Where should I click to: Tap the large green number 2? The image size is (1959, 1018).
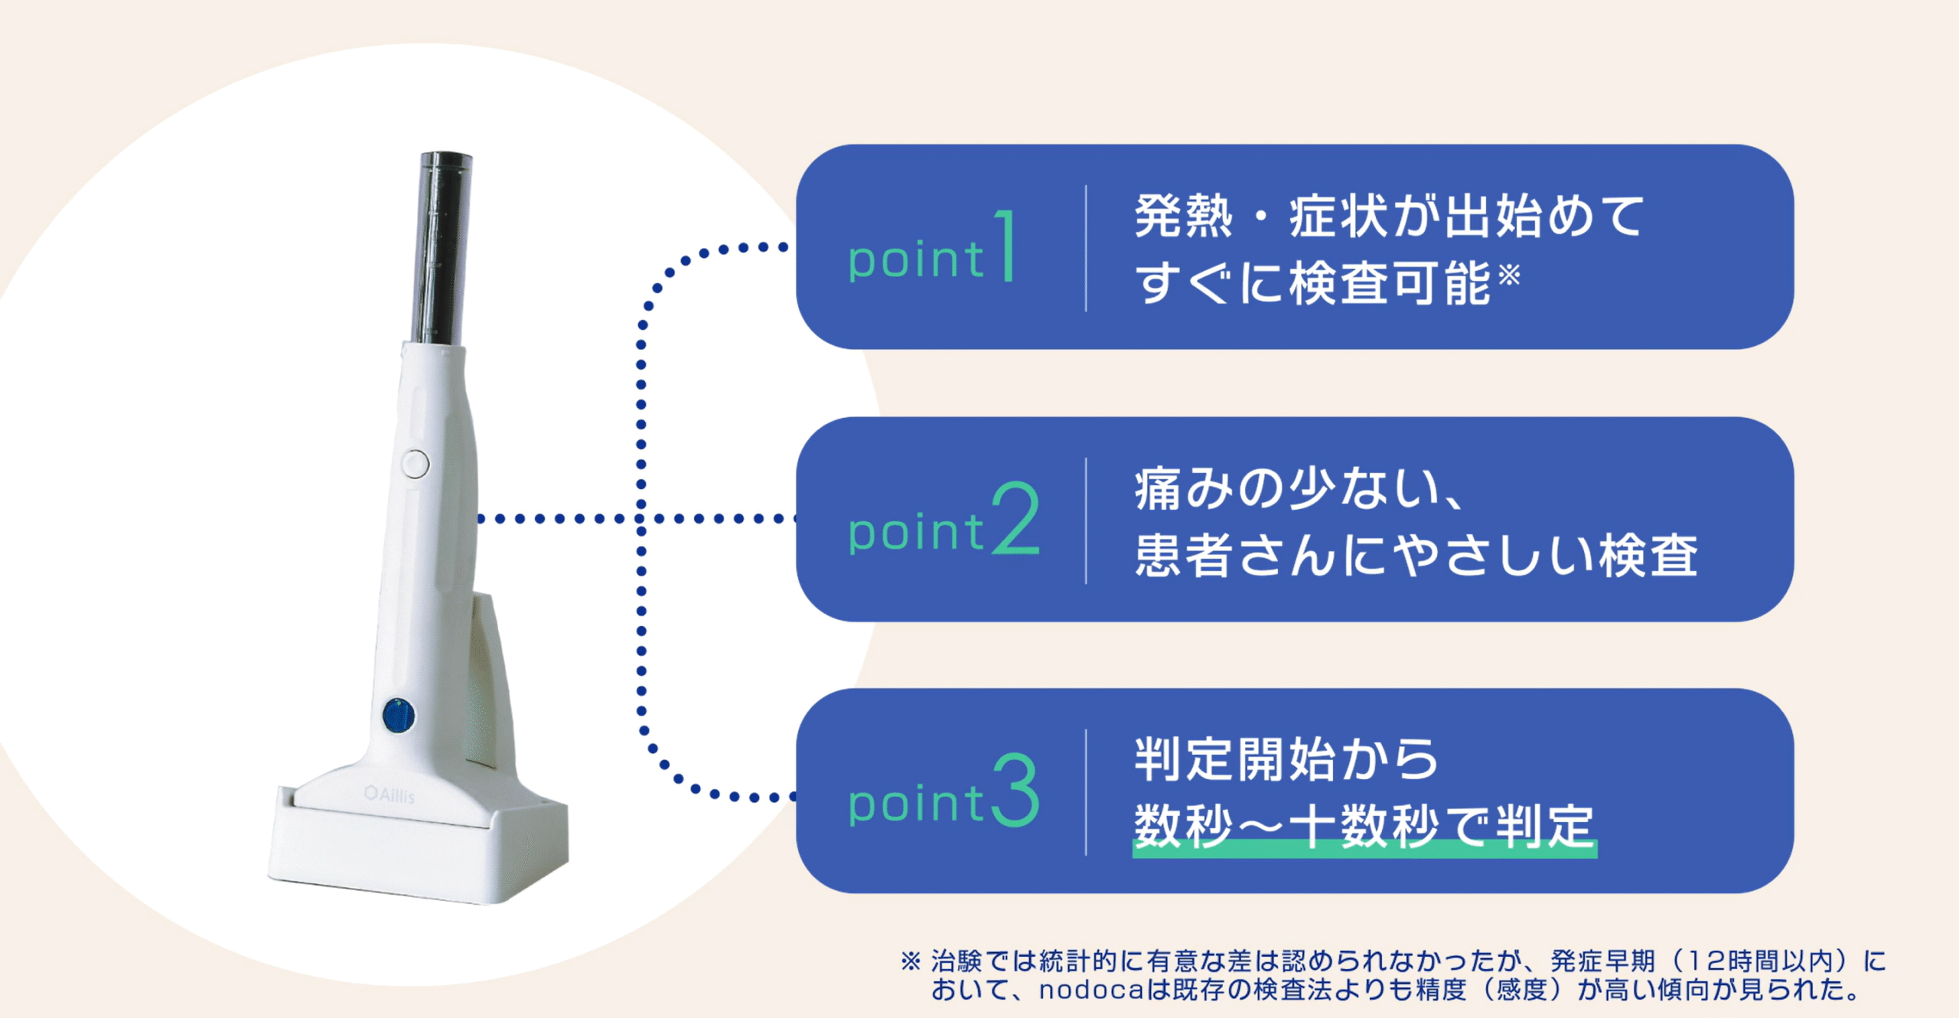click(x=1016, y=518)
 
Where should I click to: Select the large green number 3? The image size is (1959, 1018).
click(x=1016, y=790)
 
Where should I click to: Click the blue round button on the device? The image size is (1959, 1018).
click(x=399, y=716)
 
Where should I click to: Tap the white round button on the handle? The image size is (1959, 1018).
click(x=416, y=464)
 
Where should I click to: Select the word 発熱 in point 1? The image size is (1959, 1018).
click(x=1183, y=216)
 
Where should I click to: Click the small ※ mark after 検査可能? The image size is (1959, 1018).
click(x=1509, y=274)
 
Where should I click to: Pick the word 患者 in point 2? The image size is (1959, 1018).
click(x=1183, y=555)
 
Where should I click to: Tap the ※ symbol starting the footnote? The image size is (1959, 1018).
click(x=911, y=961)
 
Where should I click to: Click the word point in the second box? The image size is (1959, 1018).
click(x=915, y=532)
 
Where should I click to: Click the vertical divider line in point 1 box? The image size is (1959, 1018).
click(x=1086, y=248)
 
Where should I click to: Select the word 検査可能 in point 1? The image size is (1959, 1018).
click(x=1390, y=283)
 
